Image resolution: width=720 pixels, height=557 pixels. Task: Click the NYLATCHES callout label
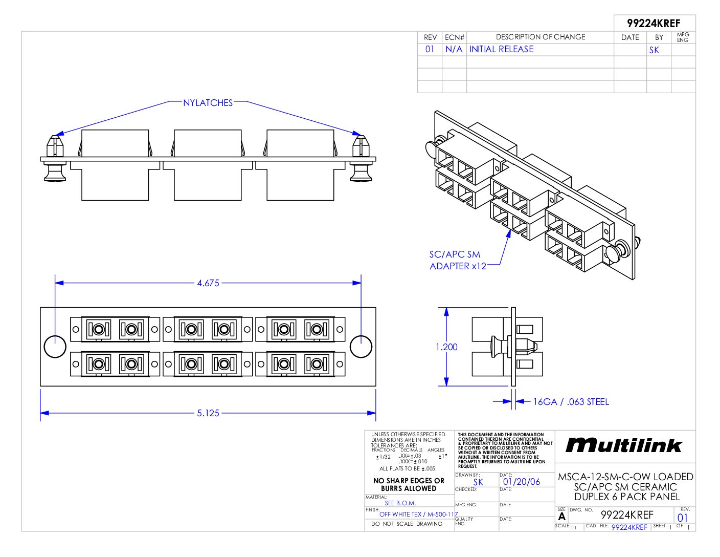tap(208, 103)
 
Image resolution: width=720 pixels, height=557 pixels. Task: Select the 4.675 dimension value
tap(208, 283)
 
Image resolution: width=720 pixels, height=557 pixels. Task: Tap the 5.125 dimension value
tap(208, 413)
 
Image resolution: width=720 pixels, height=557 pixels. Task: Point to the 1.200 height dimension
tap(446, 347)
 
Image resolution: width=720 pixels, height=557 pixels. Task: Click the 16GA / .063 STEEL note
tap(571, 402)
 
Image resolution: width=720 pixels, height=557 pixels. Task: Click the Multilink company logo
tap(624, 445)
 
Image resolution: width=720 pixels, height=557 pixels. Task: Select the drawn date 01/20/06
tap(522, 482)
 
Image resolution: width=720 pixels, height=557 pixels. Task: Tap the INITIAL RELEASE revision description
tap(501, 49)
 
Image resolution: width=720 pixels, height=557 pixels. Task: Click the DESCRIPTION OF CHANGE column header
tap(541, 37)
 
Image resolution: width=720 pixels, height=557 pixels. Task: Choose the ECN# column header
tap(454, 37)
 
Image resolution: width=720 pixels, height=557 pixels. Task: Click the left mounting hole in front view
tap(55, 347)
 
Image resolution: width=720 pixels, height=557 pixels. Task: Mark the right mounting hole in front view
tap(361, 347)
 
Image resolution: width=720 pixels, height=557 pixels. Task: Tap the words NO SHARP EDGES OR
tap(409, 481)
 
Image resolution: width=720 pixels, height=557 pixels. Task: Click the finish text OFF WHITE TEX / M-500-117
tap(418, 514)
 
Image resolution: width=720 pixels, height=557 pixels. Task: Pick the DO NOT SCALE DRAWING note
tap(407, 524)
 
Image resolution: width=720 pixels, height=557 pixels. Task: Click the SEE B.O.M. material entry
tap(400, 503)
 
